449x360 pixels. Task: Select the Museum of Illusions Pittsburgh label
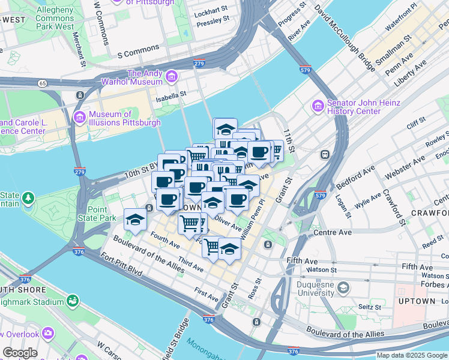point(125,118)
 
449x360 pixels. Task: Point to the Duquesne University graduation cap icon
point(343,288)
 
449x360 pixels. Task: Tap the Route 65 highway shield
point(43,83)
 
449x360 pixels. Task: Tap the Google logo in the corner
point(20,353)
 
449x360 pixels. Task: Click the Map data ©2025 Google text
point(412,355)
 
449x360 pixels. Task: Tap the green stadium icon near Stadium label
point(72,299)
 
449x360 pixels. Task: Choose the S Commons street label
point(139,51)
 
